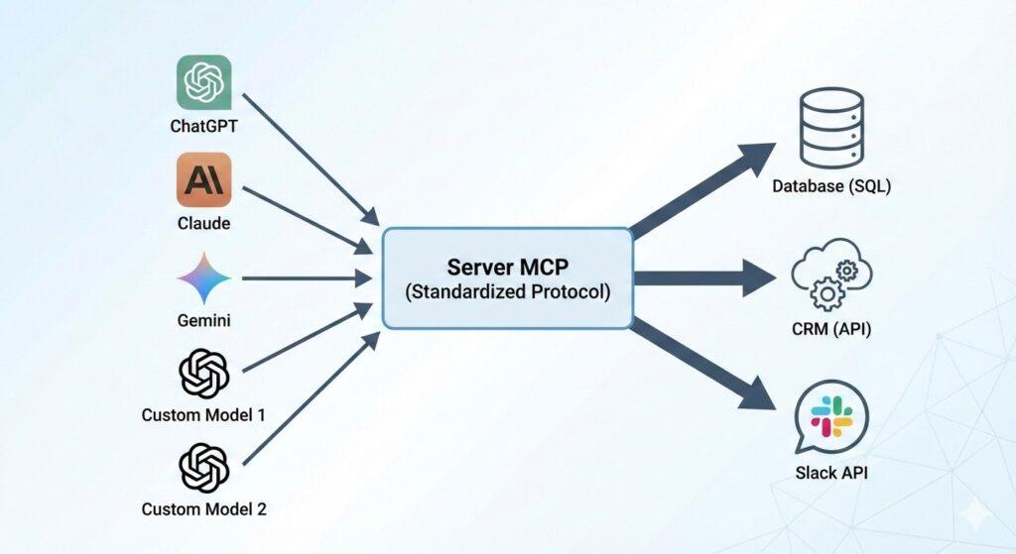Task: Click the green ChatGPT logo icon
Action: pyautogui.click(x=203, y=81)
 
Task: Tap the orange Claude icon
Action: pyautogui.click(x=203, y=178)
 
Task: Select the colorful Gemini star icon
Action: pyautogui.click(x=203, y=278)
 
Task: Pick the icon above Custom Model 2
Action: pyautogui.click(x=203, y=468)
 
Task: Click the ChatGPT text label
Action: pyautogui.click(x=203, y=127)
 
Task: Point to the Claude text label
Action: pyautogui.click(x=203, y=224)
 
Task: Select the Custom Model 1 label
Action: pyautogui.click(x=203, y=415)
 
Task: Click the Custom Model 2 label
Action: pyautogui.click(x=203, y=509)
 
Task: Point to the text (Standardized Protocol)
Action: pyautogui.click(x=507, y=293)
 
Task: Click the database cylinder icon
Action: pyautogui.click(x=830, y=129)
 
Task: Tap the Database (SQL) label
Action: pyautogui.click(x=830, y=185)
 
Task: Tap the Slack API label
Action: pyautogui.click(x=830, y=472)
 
